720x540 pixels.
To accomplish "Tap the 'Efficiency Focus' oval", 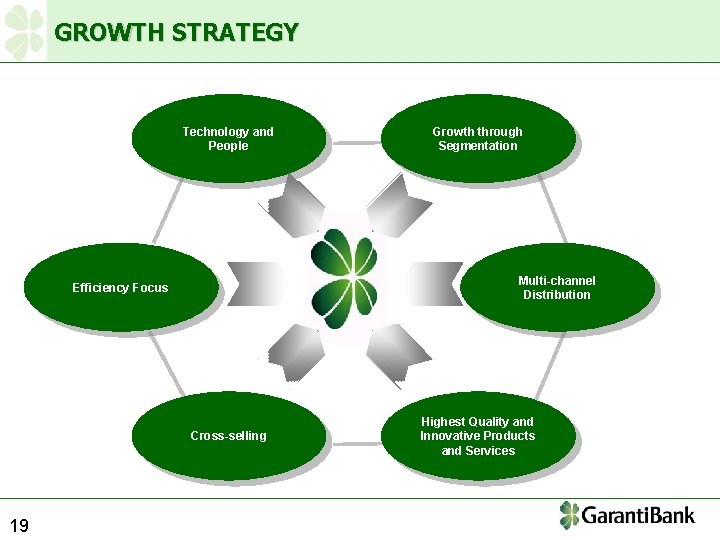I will tap(120, 288).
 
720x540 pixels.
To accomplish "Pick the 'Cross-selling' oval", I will tap(228, 436).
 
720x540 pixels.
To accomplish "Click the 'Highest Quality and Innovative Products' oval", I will tap(477, 436).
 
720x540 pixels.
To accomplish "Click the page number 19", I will tap(19, 525).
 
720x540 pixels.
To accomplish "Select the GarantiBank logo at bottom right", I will tap(627, 516).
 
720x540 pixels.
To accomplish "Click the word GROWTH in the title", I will tap(110, 32).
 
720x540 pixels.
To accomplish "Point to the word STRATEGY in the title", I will tap(235, 32).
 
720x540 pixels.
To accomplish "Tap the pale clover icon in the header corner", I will tap(24, 31).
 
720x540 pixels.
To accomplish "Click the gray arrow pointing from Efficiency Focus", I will tap(255, 283).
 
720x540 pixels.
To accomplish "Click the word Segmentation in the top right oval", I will tap(478, 146).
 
